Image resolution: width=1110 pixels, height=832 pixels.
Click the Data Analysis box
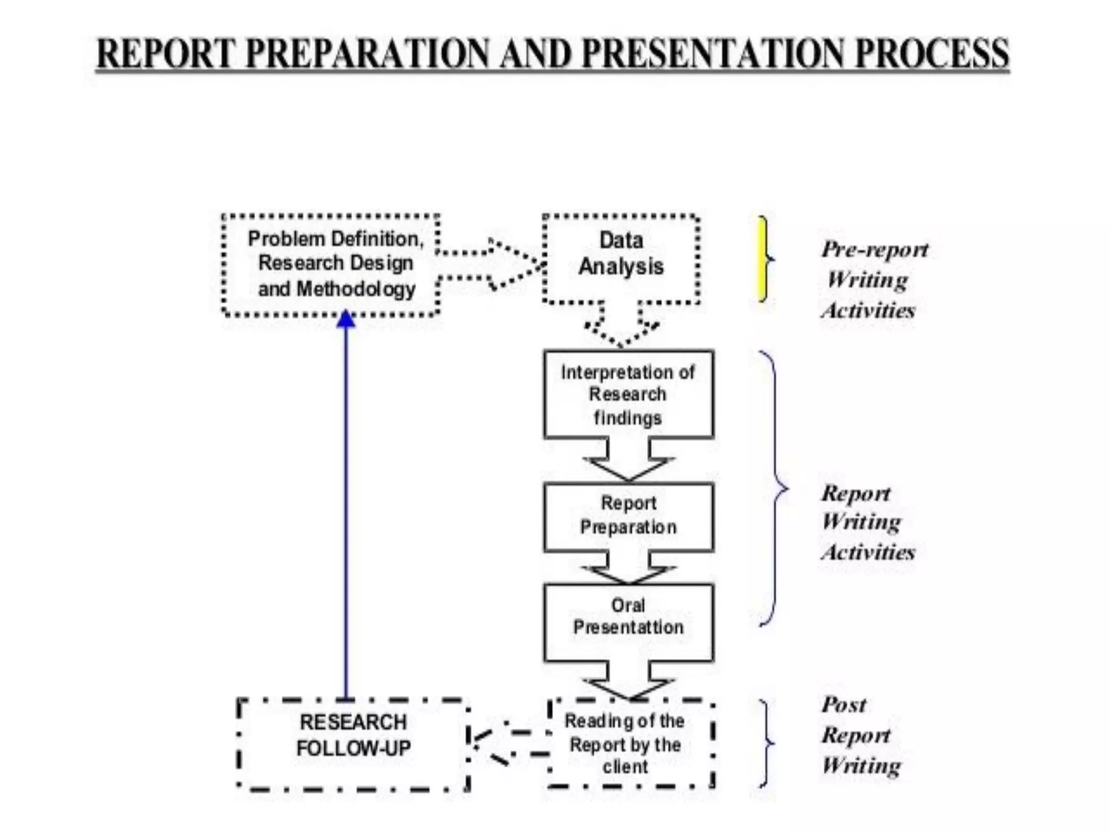click(621, 258)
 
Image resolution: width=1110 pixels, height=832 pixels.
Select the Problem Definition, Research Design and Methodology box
click(331, 265)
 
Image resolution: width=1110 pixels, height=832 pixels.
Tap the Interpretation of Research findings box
click(628, 394)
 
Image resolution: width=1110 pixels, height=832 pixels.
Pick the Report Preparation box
click(628, 516)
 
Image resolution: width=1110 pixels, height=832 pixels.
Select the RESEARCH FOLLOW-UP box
click(353, 744)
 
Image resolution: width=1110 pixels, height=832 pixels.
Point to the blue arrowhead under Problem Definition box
click(346, 320)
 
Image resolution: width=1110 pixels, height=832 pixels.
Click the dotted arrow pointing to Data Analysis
click(491, 265)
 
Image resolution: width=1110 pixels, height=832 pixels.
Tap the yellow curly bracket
click(764, 259)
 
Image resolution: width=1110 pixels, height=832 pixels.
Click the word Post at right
click(843, 705)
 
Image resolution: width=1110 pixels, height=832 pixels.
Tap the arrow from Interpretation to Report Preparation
click(628, 460)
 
